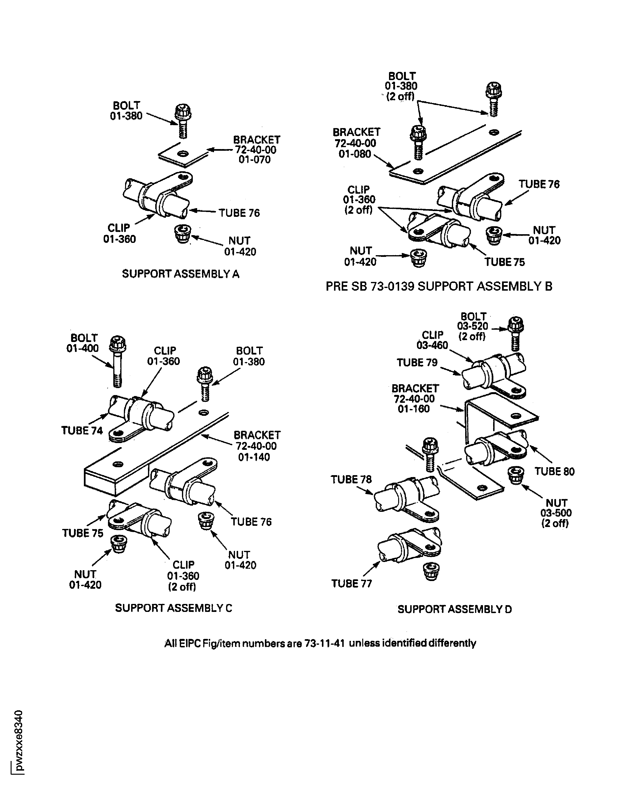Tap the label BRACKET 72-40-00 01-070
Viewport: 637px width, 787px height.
(x=256, y=150)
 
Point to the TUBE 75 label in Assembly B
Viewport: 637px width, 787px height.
(x=504, y=262)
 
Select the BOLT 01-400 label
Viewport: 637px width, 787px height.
(x=83, y=343)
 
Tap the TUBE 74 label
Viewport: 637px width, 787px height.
(x=82, y=431)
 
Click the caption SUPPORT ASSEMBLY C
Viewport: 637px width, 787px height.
(x=174, y=608)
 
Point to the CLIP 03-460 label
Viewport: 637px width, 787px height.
(x=433, y=340)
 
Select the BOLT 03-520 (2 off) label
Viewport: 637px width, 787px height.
(x=473, y=326)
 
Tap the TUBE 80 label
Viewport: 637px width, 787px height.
(x=554, y=471)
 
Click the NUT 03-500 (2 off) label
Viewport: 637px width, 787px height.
(x=556, y=513)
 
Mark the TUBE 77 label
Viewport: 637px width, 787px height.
(x=352, y=583)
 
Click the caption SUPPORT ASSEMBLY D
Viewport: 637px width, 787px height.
(x=455, y=609)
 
